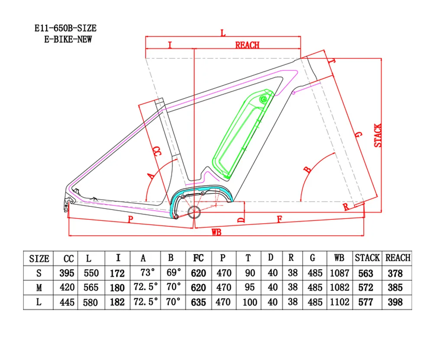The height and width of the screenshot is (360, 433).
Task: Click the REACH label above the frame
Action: tap(247, 45)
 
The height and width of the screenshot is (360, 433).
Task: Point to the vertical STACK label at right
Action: tap(378, 135)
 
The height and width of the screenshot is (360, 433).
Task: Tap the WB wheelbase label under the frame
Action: tap(216, 233)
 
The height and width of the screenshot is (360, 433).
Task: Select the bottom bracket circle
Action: tap(194, 212)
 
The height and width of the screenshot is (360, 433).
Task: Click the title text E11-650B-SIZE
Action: tap(66, 29)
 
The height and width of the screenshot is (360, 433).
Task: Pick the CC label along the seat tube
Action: tap(157, 151)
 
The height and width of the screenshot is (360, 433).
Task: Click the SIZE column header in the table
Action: tap(39, 259)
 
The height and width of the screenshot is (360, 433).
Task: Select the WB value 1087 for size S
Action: tap(339, 273)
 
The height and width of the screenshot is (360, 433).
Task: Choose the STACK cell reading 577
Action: tap(367, 302)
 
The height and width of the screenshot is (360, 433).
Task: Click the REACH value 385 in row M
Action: tap(395, 288)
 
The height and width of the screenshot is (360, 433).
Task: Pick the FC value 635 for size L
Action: tap(198, 302)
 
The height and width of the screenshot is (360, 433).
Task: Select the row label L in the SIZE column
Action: tap(39, 302)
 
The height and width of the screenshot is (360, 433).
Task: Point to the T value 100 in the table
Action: tap(249, 302)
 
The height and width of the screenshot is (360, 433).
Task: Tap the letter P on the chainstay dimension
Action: tap(130, 220)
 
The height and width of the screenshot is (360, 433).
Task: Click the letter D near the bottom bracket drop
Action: tap(242, 219)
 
